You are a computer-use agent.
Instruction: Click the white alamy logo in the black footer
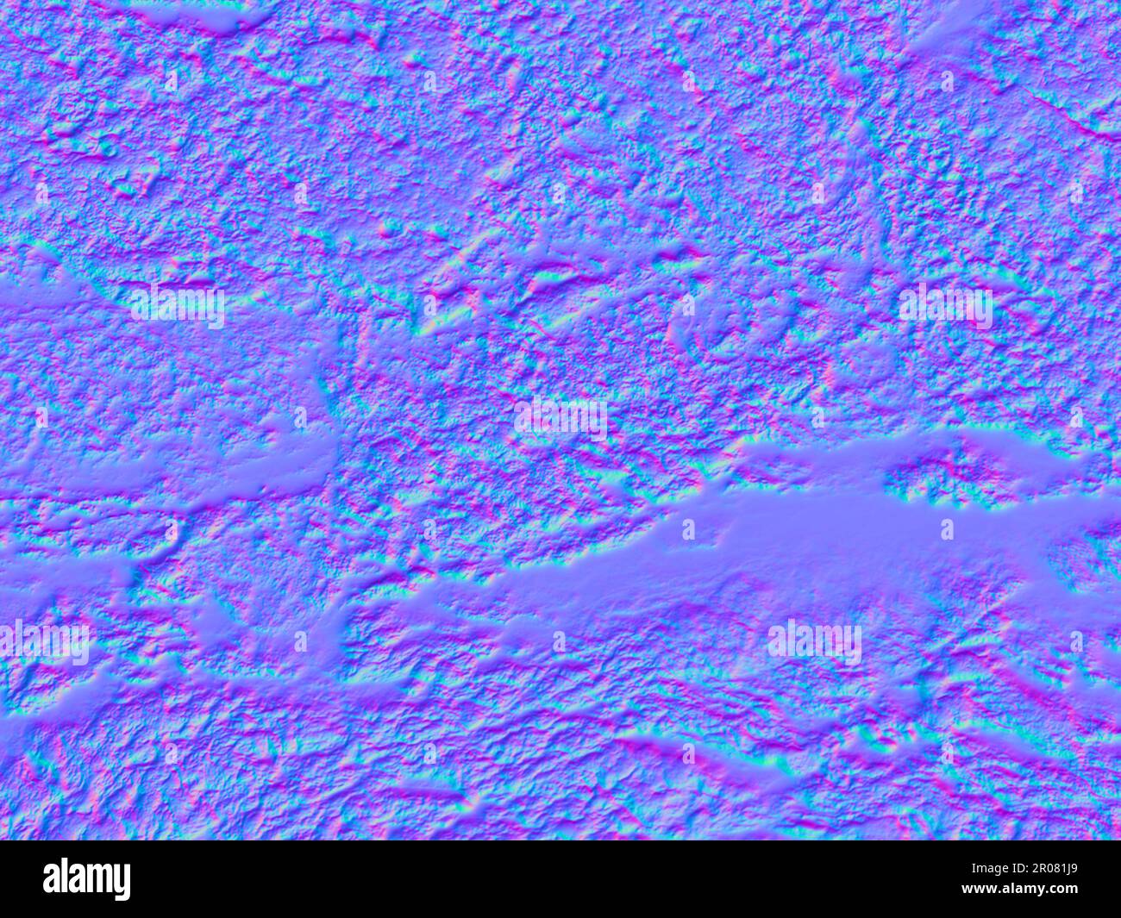[86, 879]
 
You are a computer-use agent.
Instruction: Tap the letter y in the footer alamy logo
[122, 883]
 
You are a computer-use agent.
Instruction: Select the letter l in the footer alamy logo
[64, 877]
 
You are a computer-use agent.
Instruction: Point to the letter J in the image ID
[1066, 868]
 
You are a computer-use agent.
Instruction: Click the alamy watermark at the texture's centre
[560, 418]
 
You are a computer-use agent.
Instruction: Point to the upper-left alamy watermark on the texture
[177, 304]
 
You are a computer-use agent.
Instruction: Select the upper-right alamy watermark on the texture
[945, 304]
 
